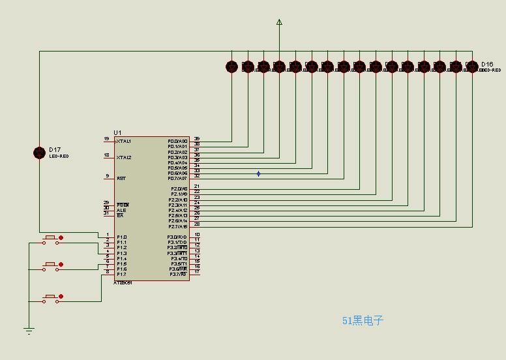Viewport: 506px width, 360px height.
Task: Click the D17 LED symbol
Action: [x=40, y=153]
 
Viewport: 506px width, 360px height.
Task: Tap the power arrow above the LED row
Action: [x=279, y=23]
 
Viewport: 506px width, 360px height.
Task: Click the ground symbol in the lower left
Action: [x=29, y=331]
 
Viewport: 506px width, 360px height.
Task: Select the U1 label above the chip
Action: [x=117, y=132]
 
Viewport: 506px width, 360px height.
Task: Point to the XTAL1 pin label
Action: [x=124, y=141]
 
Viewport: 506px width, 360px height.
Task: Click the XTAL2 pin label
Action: [x=124, y=157]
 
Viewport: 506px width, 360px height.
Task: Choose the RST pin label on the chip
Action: [x=121, y=178]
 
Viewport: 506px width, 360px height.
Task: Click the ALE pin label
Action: [x=121, y=210]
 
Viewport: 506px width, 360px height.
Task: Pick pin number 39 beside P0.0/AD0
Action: [x=196, y=138]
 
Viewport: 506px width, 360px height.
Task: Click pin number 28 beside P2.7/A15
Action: [x=196, y=224]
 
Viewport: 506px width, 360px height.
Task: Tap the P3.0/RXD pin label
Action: [x=177, y=237]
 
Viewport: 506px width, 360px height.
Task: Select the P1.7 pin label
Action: [x=122, y=274]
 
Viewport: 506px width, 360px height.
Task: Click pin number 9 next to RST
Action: [x=107, y=175]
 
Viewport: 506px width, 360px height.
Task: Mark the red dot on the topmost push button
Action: [x=61, y=237]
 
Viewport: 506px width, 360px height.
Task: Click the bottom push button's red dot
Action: [x=61, y=297]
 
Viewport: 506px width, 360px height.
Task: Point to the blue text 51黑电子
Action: [x=363, y=320]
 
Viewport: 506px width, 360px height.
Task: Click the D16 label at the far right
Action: [x=487, y=64]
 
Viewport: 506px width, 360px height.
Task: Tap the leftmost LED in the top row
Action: [x=231, y=67]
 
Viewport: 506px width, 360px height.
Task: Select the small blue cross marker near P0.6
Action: [x=258, y=173]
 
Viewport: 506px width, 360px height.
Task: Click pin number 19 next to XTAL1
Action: [x=106, y=139]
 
